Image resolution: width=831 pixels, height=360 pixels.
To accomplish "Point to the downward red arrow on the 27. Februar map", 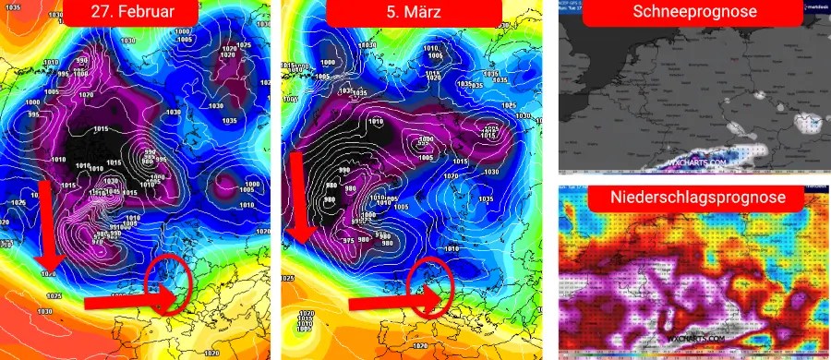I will click(x=45, y=226).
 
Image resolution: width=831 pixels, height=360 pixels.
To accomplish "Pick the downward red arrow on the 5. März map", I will click(x=298, y=201).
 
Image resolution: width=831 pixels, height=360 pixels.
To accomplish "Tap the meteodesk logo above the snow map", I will click(x=813, y=6).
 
